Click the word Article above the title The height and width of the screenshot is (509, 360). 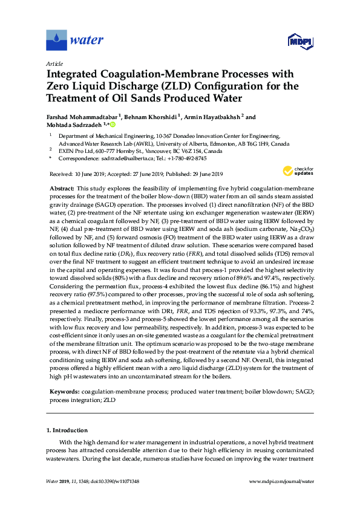pos(54,63)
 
